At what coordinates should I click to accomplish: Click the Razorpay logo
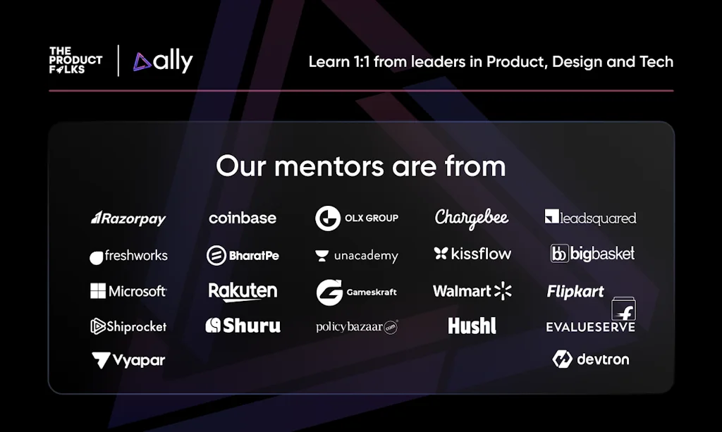coord(128,218)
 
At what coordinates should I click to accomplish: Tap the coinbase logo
coord(243,218)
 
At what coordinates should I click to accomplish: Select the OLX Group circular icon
coord(328,218)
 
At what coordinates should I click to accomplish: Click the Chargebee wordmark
coord(472,218)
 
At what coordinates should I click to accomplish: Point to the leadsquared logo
coord(590,218)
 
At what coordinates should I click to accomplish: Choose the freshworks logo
coord(128,256)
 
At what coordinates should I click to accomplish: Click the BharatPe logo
coord(243,255)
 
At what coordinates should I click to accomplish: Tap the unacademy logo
coord(357,256)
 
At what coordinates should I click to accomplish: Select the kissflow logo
coord(472,254)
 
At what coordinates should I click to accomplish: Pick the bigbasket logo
coord(592,254)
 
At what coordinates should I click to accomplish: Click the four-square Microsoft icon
coord(98,291)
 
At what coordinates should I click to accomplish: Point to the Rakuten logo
coord(243,291)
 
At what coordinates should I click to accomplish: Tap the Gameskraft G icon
coord(329,292)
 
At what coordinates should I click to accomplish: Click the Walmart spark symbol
coord(503,291)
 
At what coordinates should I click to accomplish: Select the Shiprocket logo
coord(128,326)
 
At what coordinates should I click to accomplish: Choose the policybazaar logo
coord(357,327)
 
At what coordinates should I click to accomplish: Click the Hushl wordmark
coord(472,326)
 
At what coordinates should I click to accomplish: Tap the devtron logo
coord(591,359)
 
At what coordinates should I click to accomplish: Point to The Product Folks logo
coord(75,60)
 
